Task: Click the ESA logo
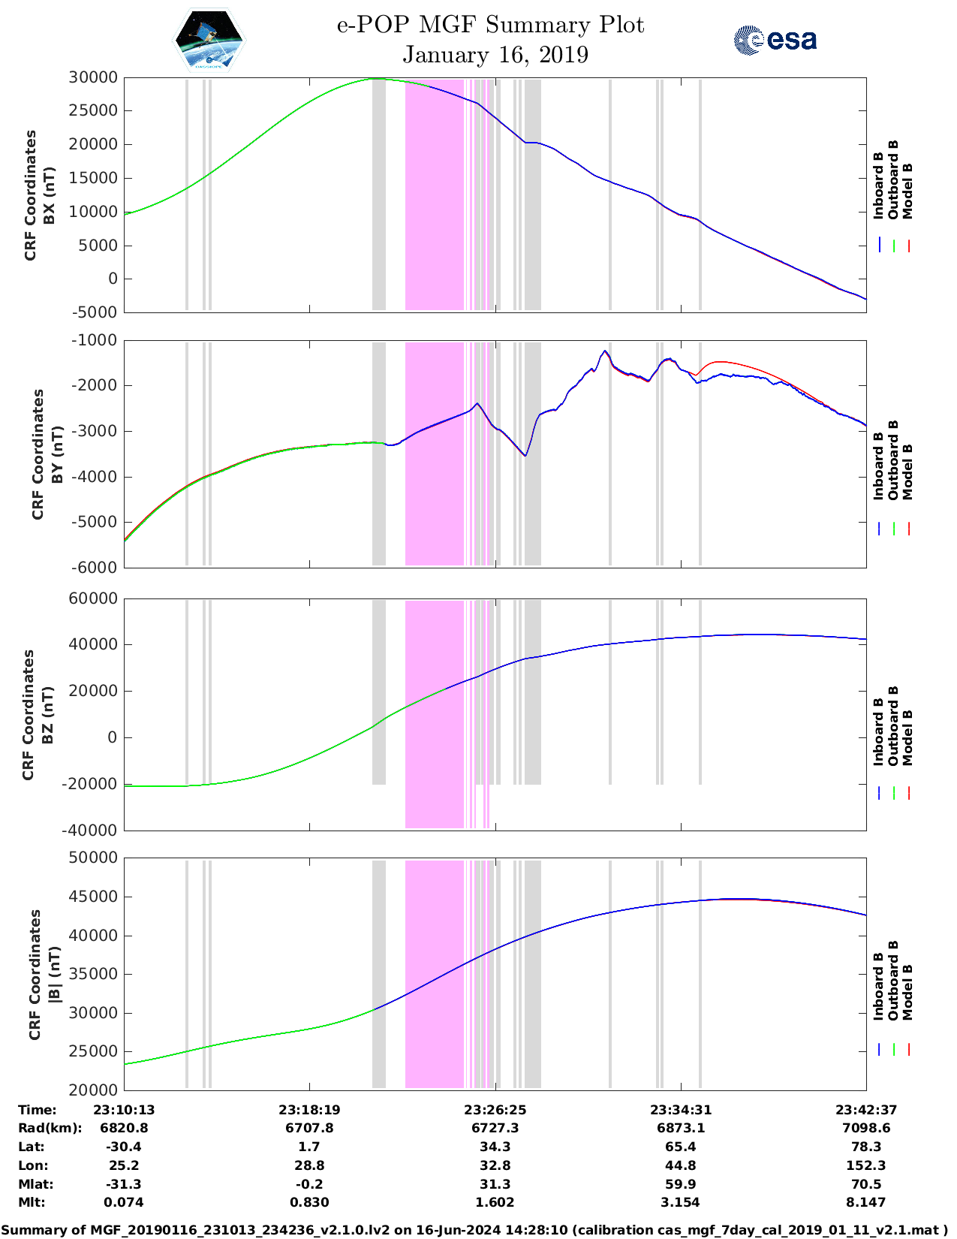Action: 775,40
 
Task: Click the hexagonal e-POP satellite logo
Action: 209,40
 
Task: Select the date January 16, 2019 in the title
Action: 495,55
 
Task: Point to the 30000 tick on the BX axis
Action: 93,77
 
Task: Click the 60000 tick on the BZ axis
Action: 93,598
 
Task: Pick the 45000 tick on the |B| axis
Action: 93,897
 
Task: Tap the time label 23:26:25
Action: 495,1110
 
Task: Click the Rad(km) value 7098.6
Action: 866,1128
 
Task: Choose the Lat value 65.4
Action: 680,1147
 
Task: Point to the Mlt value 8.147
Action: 866,1202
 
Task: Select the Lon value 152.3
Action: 866,1165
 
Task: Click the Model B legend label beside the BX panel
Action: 907,191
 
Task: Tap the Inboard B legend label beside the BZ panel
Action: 878,732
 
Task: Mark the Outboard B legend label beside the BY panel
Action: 893,460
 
